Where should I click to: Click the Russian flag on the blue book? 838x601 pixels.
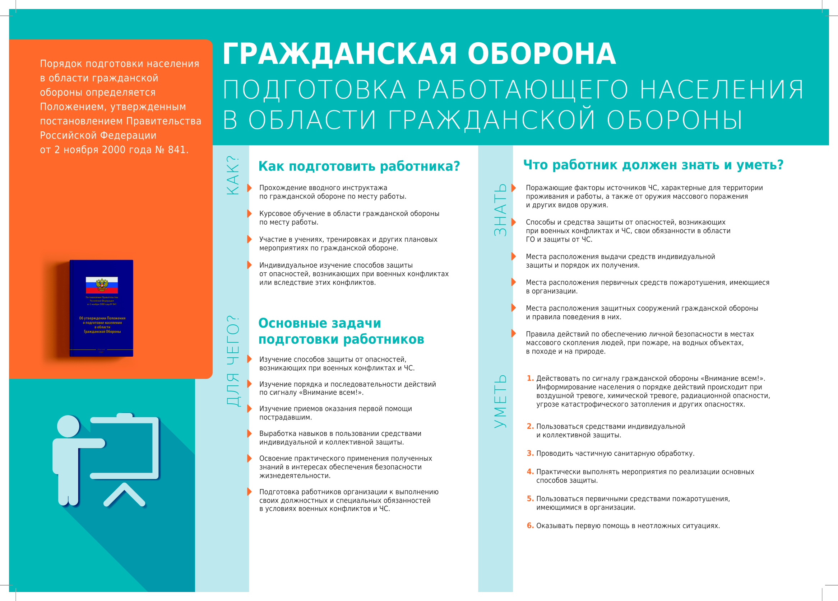102,285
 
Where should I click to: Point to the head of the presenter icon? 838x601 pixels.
68,426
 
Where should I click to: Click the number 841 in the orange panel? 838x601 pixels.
178,150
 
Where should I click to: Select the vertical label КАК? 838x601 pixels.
233,175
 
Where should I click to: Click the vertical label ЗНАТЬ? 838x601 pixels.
500,210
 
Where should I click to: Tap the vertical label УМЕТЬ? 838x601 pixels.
500,401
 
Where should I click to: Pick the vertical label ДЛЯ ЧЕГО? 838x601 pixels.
233,361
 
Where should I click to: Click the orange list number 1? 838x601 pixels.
530,379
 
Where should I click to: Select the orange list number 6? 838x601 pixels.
530,526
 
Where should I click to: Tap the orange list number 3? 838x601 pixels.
530,453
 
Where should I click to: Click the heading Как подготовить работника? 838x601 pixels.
359,166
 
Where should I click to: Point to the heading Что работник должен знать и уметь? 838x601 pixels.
653,165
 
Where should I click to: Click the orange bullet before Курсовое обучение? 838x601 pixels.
249,214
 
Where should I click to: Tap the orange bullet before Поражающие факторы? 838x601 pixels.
513,188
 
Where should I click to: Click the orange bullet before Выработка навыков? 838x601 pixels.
249,434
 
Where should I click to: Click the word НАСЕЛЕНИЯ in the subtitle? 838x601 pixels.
722,90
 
